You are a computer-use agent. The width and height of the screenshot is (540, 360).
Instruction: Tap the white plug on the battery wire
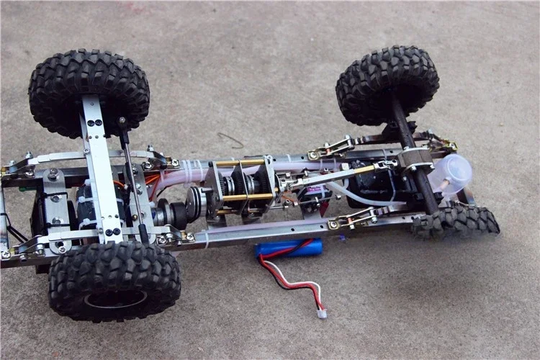click(x=322, y=312)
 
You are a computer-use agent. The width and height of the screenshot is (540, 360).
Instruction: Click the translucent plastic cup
click(x=451, y=174)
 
